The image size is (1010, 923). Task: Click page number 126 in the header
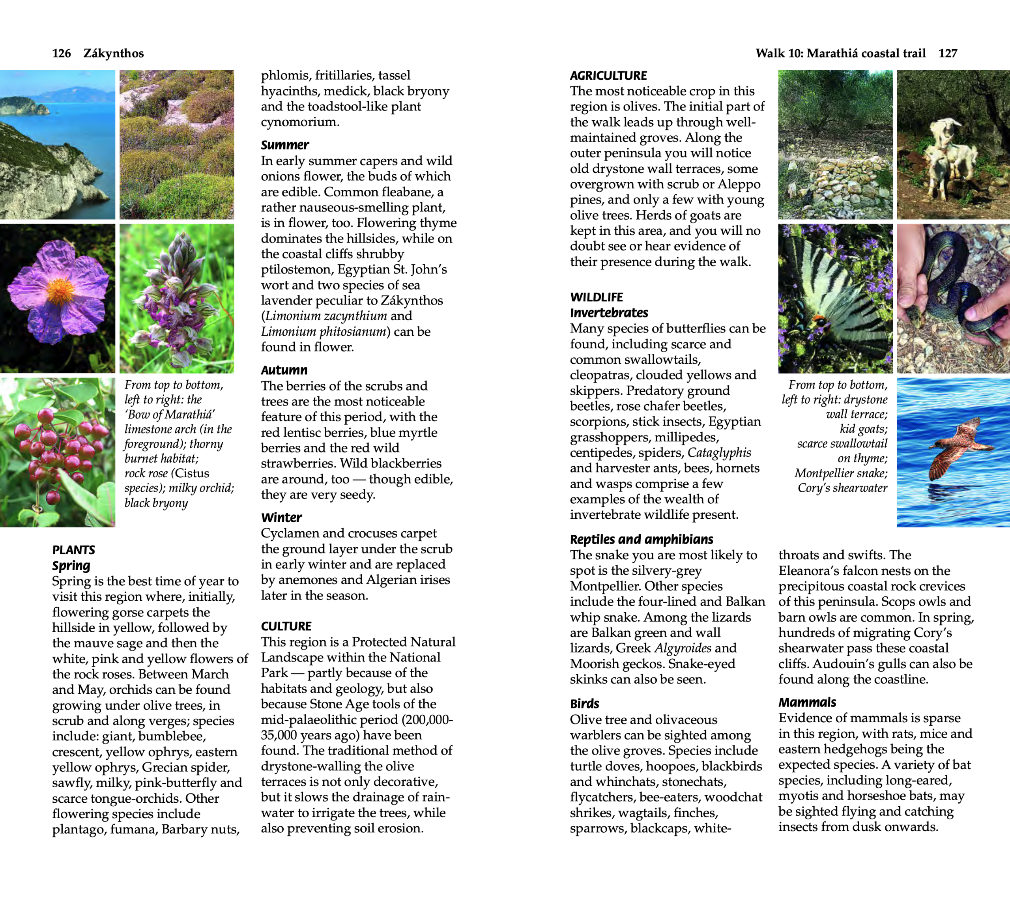coord(61,54)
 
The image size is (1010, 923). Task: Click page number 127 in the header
coord(947,54)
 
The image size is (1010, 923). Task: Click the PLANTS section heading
coord(74,550)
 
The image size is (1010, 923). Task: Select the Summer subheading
coord(284,145)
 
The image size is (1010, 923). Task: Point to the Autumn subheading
coord(284,370)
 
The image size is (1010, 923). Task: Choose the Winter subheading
coord(281,518)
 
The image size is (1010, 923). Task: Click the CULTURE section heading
coord(286,626)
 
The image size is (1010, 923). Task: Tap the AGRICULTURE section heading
coord(608,76)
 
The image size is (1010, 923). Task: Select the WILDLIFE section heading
coord(596,297)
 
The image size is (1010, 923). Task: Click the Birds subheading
coord(584,704)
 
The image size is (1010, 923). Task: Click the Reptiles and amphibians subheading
coord(641,539)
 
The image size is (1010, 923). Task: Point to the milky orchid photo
coord(177,299)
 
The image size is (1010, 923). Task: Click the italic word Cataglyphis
coord(719,453)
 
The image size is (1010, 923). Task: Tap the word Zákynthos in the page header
coord(114,54)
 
